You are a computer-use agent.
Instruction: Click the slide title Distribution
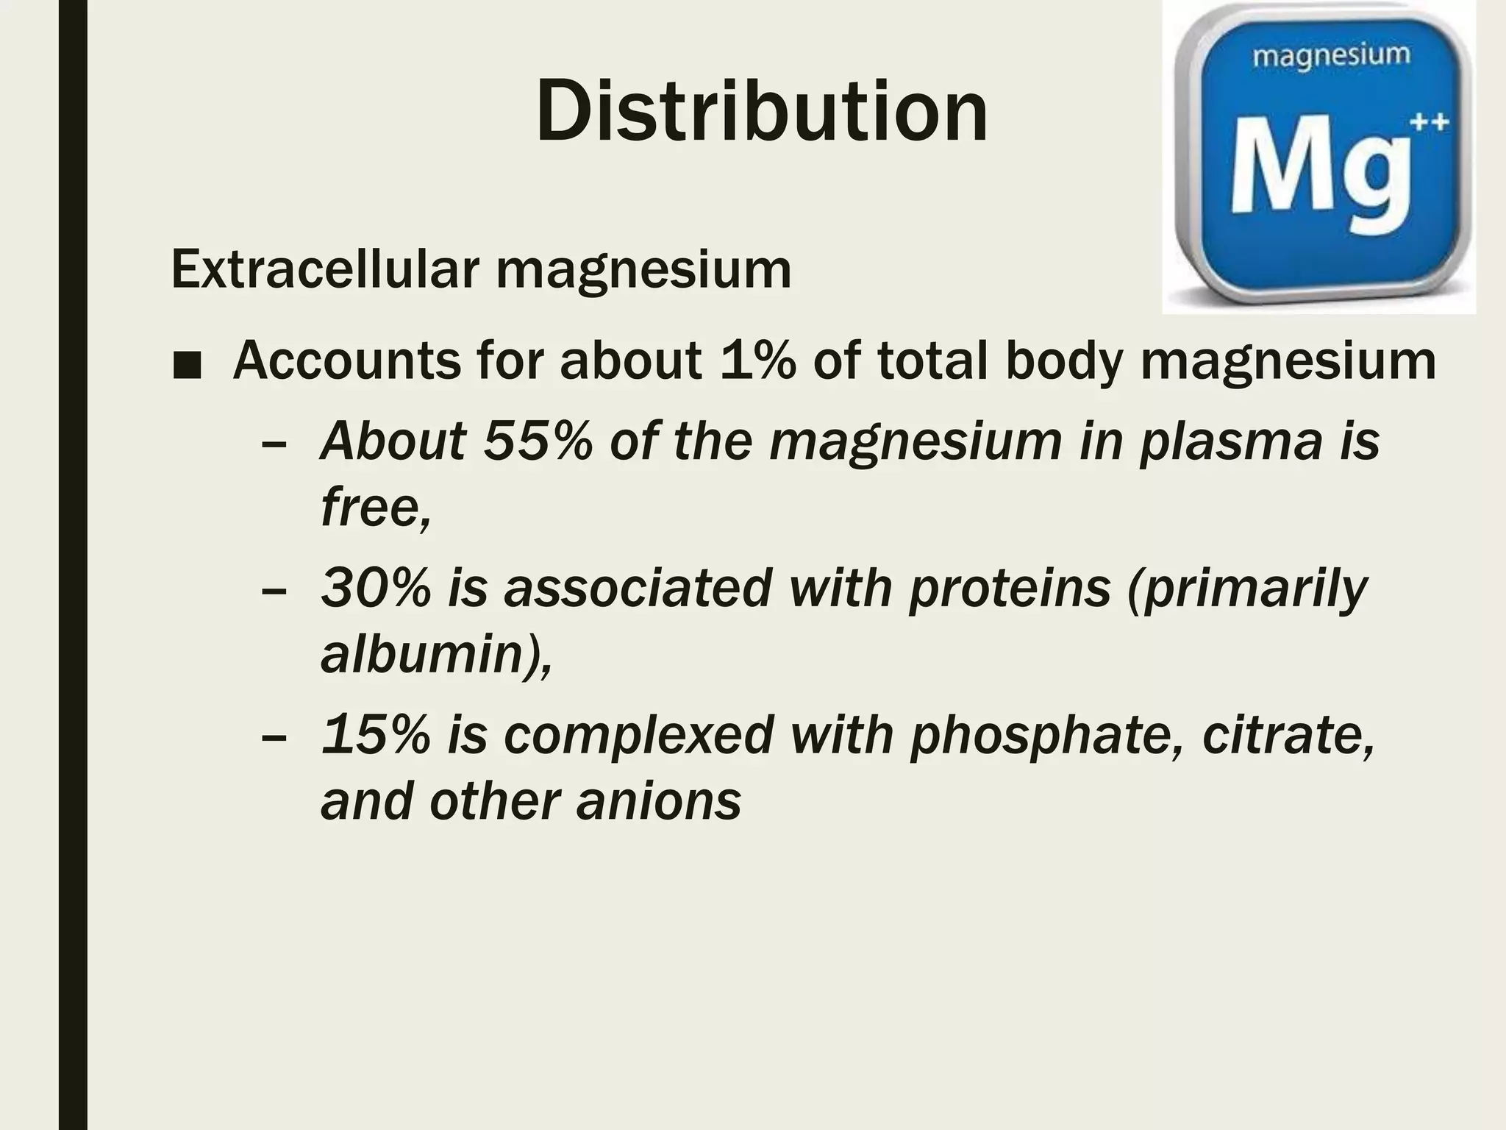pyautogui.click(x=762, y=112)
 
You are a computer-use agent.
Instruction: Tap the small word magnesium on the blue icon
pyautogui.click(x=1331, y=56)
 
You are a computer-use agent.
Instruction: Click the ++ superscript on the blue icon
pyautogui.click(x=1429, y=123)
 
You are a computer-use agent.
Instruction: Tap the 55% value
pyautogui.click(x=538, y=441)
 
